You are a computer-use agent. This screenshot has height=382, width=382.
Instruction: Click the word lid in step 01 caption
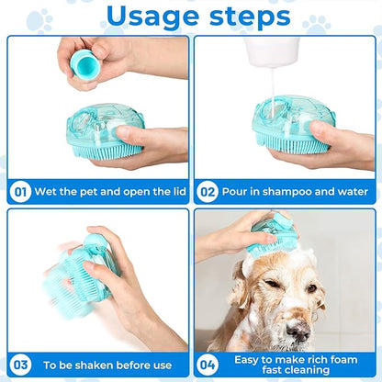[x=171, y=192]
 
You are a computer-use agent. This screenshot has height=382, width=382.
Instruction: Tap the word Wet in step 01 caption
[x=47, y=192]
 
